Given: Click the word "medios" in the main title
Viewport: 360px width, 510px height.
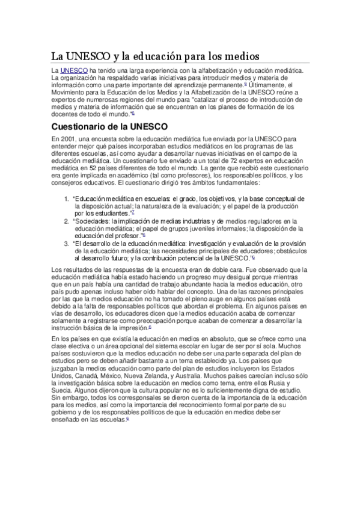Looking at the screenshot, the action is pos(240,56).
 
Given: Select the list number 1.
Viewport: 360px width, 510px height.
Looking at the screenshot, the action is pos(66,198).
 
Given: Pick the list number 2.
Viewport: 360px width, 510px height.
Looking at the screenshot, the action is pos(66,221).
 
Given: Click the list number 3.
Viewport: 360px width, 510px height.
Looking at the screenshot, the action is pos(66,244).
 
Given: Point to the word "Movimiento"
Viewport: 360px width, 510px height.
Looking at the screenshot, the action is pos(70,93).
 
